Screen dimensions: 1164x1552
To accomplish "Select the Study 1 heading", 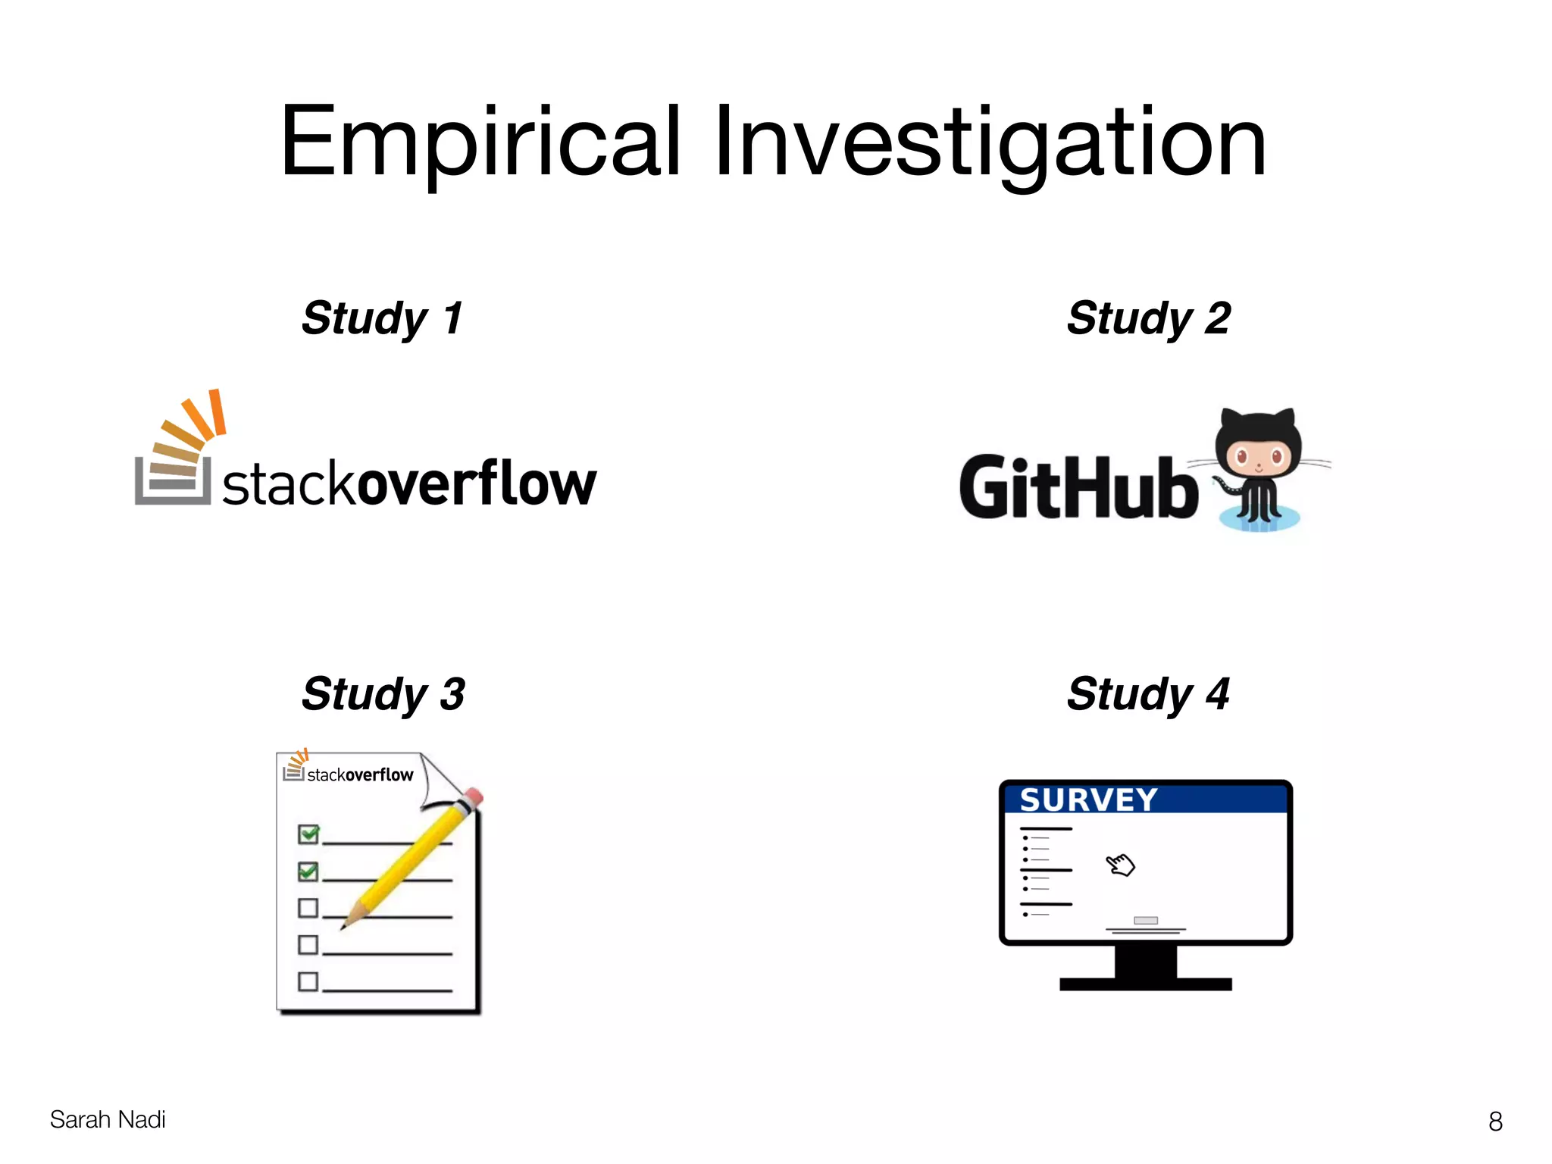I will pos(383,318).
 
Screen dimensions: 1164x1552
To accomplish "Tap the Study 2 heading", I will pos(1148,318).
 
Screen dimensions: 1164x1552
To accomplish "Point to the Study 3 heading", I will pos(383,693).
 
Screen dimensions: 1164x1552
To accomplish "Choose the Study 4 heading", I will pos(1148,693).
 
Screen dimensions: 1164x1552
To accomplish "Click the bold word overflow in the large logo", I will pos(476,483).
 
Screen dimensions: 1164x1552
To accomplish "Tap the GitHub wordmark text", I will pos(1078,487).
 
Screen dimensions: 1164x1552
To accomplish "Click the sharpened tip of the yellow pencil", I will pos(345,925).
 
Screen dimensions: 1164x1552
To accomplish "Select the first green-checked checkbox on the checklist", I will pos(308,834).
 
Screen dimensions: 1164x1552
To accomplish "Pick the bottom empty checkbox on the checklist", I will pos(308,981).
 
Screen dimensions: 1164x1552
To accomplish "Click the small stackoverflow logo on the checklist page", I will pos(349,771).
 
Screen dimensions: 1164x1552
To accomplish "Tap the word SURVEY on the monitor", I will pos(1088,800).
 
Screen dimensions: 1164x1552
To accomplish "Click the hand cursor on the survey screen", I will pos(1120,864).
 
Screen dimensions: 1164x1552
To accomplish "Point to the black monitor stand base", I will pos(1145,984).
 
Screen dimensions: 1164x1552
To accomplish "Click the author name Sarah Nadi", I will pos(108,1119).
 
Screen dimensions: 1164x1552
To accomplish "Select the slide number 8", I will pos(1495,1121).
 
